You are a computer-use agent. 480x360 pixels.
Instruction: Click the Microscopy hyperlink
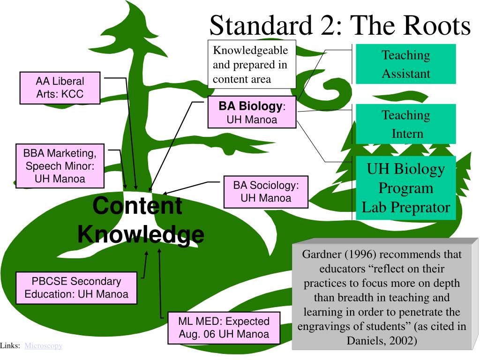[43, 345]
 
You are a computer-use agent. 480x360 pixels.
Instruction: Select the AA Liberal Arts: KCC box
[60, 88]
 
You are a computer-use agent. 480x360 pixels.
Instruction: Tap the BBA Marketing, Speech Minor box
[60, 166]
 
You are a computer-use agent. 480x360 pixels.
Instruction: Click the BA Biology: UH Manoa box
[252, 112]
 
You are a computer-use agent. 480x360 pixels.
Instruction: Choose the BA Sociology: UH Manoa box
[266, 192]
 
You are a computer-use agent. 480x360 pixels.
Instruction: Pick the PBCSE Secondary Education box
[76, 288]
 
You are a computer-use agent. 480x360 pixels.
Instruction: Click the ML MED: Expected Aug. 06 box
[224, 328]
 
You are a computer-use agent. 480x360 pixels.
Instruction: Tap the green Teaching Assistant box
[405, 64]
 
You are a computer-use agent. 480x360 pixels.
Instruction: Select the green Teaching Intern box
[405, 124]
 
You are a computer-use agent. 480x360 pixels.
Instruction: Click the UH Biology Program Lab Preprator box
[405, 188]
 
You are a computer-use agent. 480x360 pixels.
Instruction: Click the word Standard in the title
[261, 25]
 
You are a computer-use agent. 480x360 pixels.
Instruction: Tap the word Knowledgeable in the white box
[250, 50]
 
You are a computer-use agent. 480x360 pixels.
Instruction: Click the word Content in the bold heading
[137, 206]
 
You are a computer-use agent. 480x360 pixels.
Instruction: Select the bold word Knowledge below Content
[141, 234]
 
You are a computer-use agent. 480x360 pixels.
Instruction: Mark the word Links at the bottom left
[10, 345]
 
